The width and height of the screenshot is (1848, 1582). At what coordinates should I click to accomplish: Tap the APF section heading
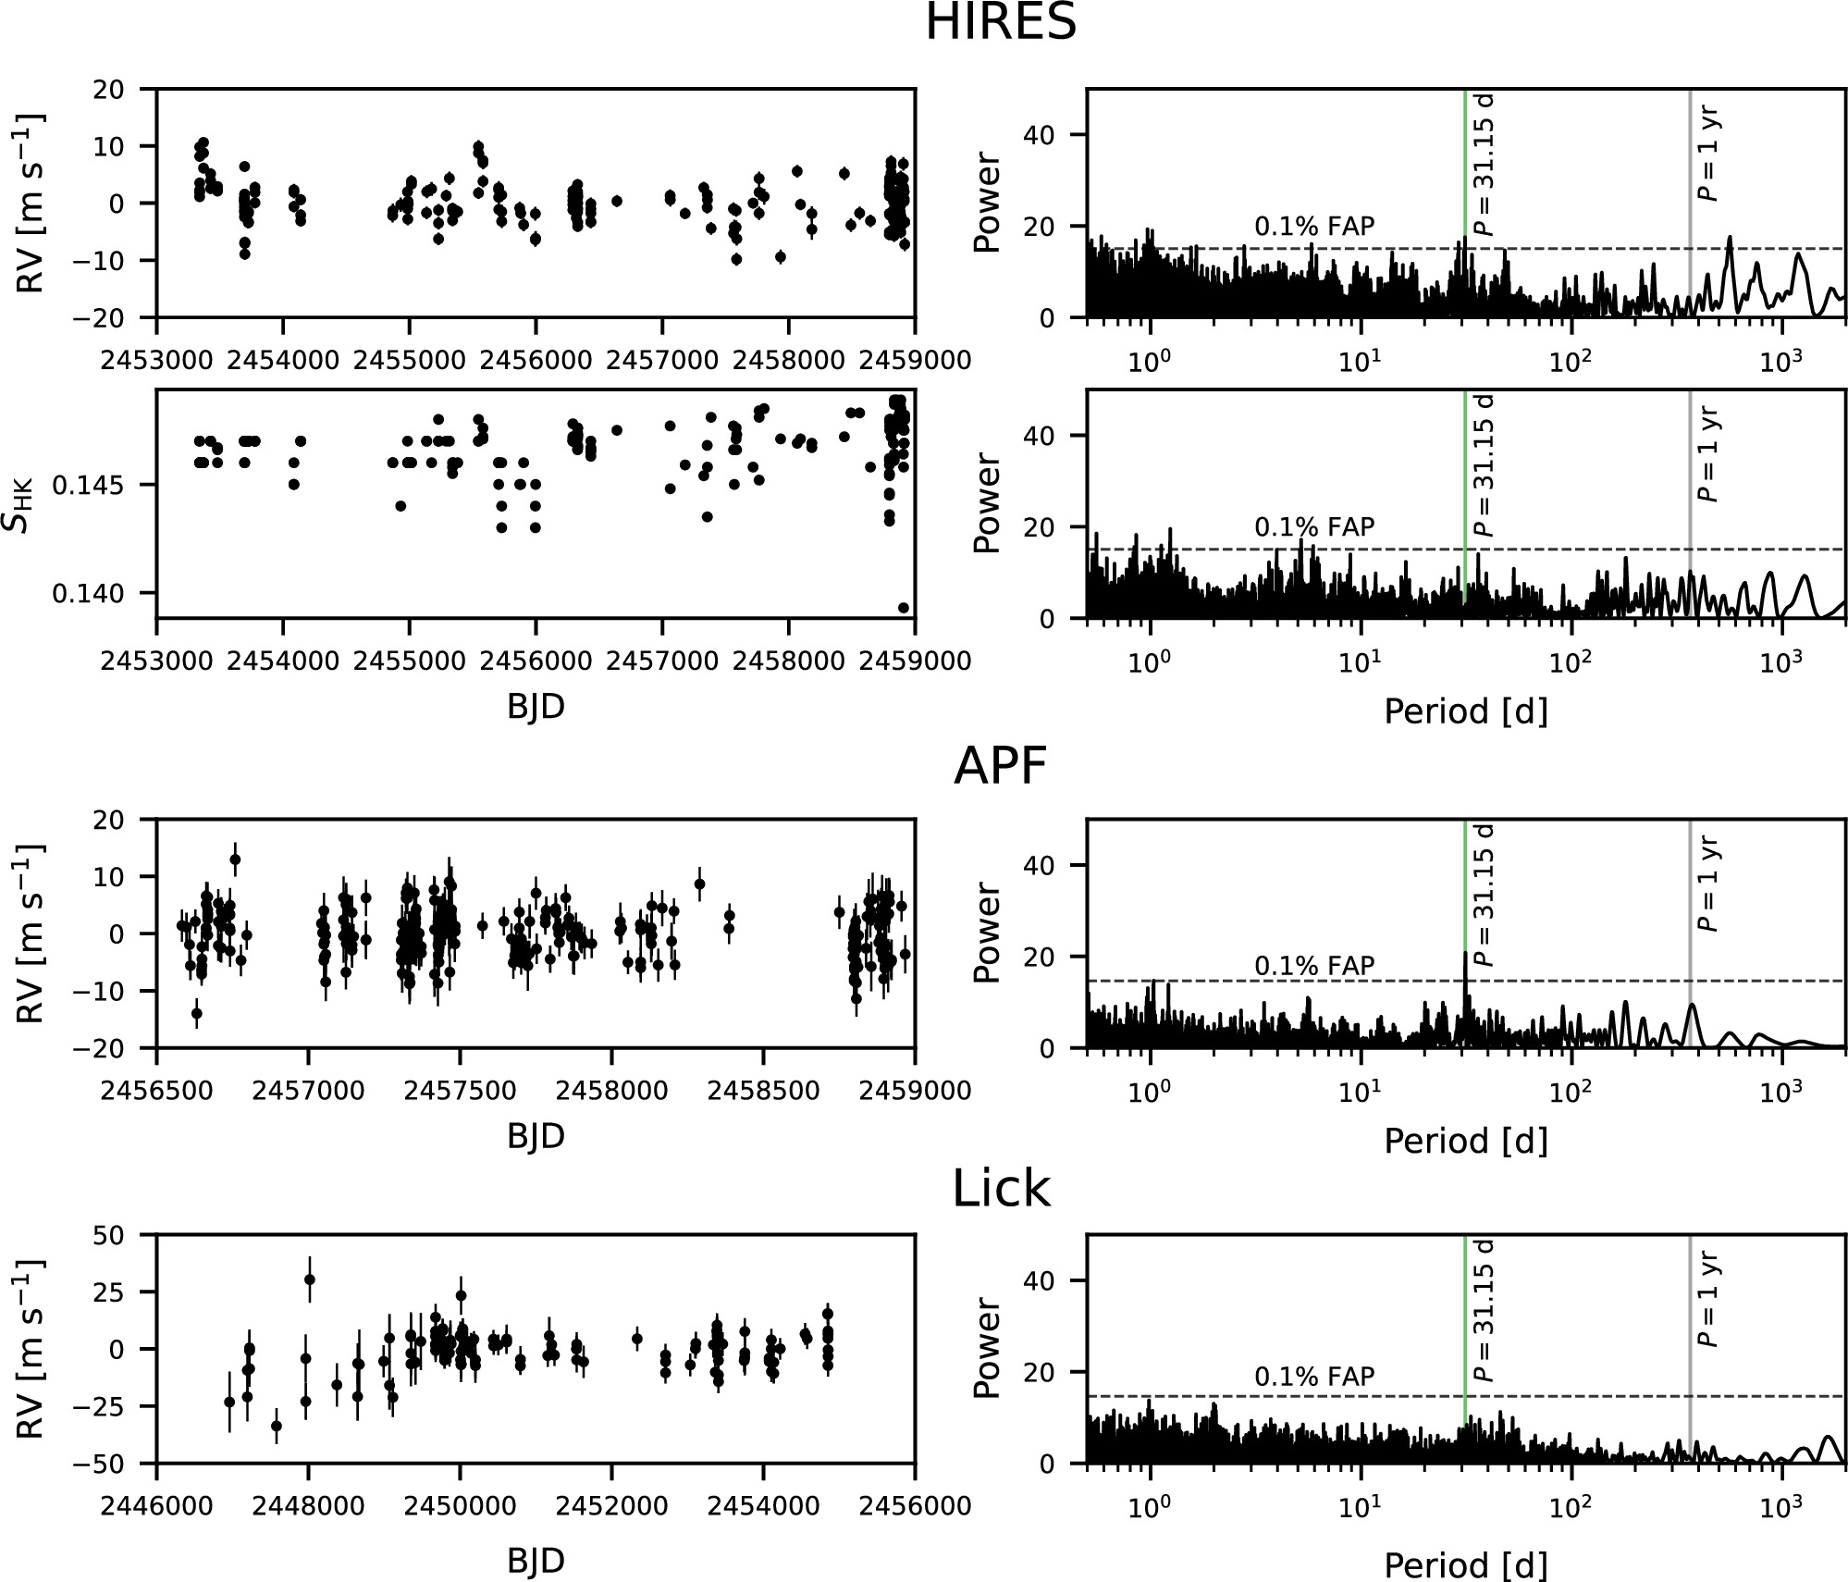[x=1001, y=766]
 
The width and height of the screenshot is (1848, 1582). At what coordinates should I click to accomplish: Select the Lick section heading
[x=1002, y=1190]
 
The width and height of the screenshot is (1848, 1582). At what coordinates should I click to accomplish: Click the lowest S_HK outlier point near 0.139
[x=904, y=608]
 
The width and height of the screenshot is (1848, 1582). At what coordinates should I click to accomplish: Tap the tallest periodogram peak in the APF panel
[x=1465, y=953]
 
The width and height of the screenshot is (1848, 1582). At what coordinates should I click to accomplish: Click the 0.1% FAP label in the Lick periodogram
[x=1314, y=1376]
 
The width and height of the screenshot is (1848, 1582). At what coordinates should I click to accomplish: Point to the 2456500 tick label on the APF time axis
[x=156, y=1091]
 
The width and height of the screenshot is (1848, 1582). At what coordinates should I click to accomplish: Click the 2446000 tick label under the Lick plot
[x=156, y=1506]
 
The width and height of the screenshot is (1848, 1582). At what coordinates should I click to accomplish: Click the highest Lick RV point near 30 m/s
[x=310, y=1279]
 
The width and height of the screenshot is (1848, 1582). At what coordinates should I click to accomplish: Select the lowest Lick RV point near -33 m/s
[x=276, y=1426]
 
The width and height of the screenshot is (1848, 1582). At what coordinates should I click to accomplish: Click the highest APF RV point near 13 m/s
[x=235, y=859]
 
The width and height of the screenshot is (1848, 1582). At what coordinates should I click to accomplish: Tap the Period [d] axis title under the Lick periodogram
[x=1466, y=1565]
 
